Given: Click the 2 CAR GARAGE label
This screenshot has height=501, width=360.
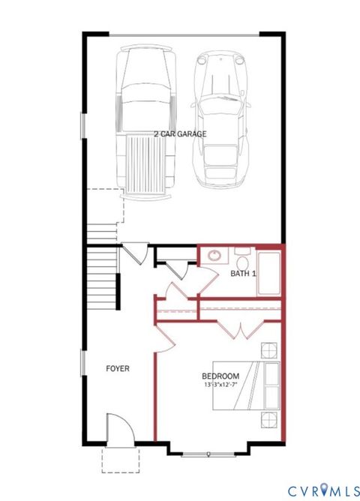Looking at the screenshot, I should (180, 134).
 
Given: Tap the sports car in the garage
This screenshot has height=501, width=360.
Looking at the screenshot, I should (220, 120).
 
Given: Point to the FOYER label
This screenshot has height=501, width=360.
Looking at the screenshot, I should (118, 368).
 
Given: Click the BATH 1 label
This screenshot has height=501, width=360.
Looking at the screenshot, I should (243, 274).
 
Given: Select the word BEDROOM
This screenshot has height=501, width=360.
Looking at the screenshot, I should (220, 376).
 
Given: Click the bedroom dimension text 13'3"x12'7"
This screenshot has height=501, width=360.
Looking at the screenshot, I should (221, 385).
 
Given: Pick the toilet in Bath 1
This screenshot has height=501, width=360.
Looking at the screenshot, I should (242, 259).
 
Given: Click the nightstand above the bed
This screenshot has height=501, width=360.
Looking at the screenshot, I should (269, 350).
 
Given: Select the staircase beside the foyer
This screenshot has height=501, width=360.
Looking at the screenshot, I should (102, 274).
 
